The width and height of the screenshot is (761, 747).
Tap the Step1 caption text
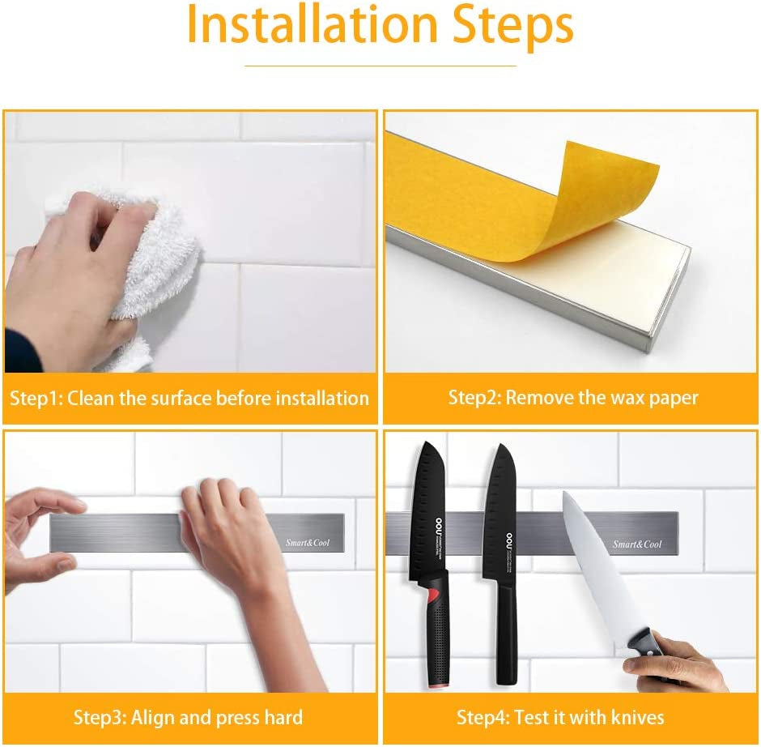(x=189, y=398)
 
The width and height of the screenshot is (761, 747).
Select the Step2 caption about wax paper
(x=573, y=398)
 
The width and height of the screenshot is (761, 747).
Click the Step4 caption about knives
(x=560, y=717)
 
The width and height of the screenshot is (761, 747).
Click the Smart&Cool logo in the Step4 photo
(x=637, y=544)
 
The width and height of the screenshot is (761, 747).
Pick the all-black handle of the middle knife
(x=507, y=632)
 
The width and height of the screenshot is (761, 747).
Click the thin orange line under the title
(x=380, y=66)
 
